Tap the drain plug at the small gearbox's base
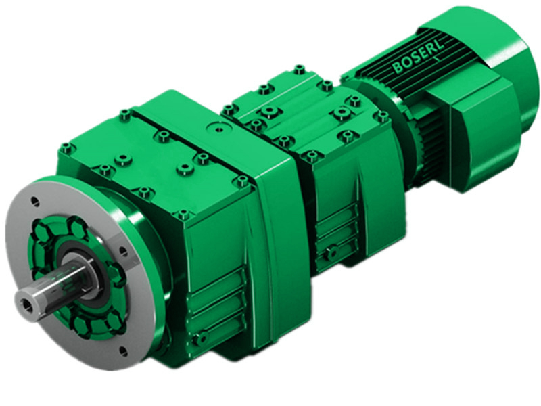pyautogui.click(x=331, y=253)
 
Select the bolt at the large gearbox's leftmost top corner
pyautogui.click(x=66, y=147)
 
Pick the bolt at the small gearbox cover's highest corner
pyautogui.click(x=299, y=69)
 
